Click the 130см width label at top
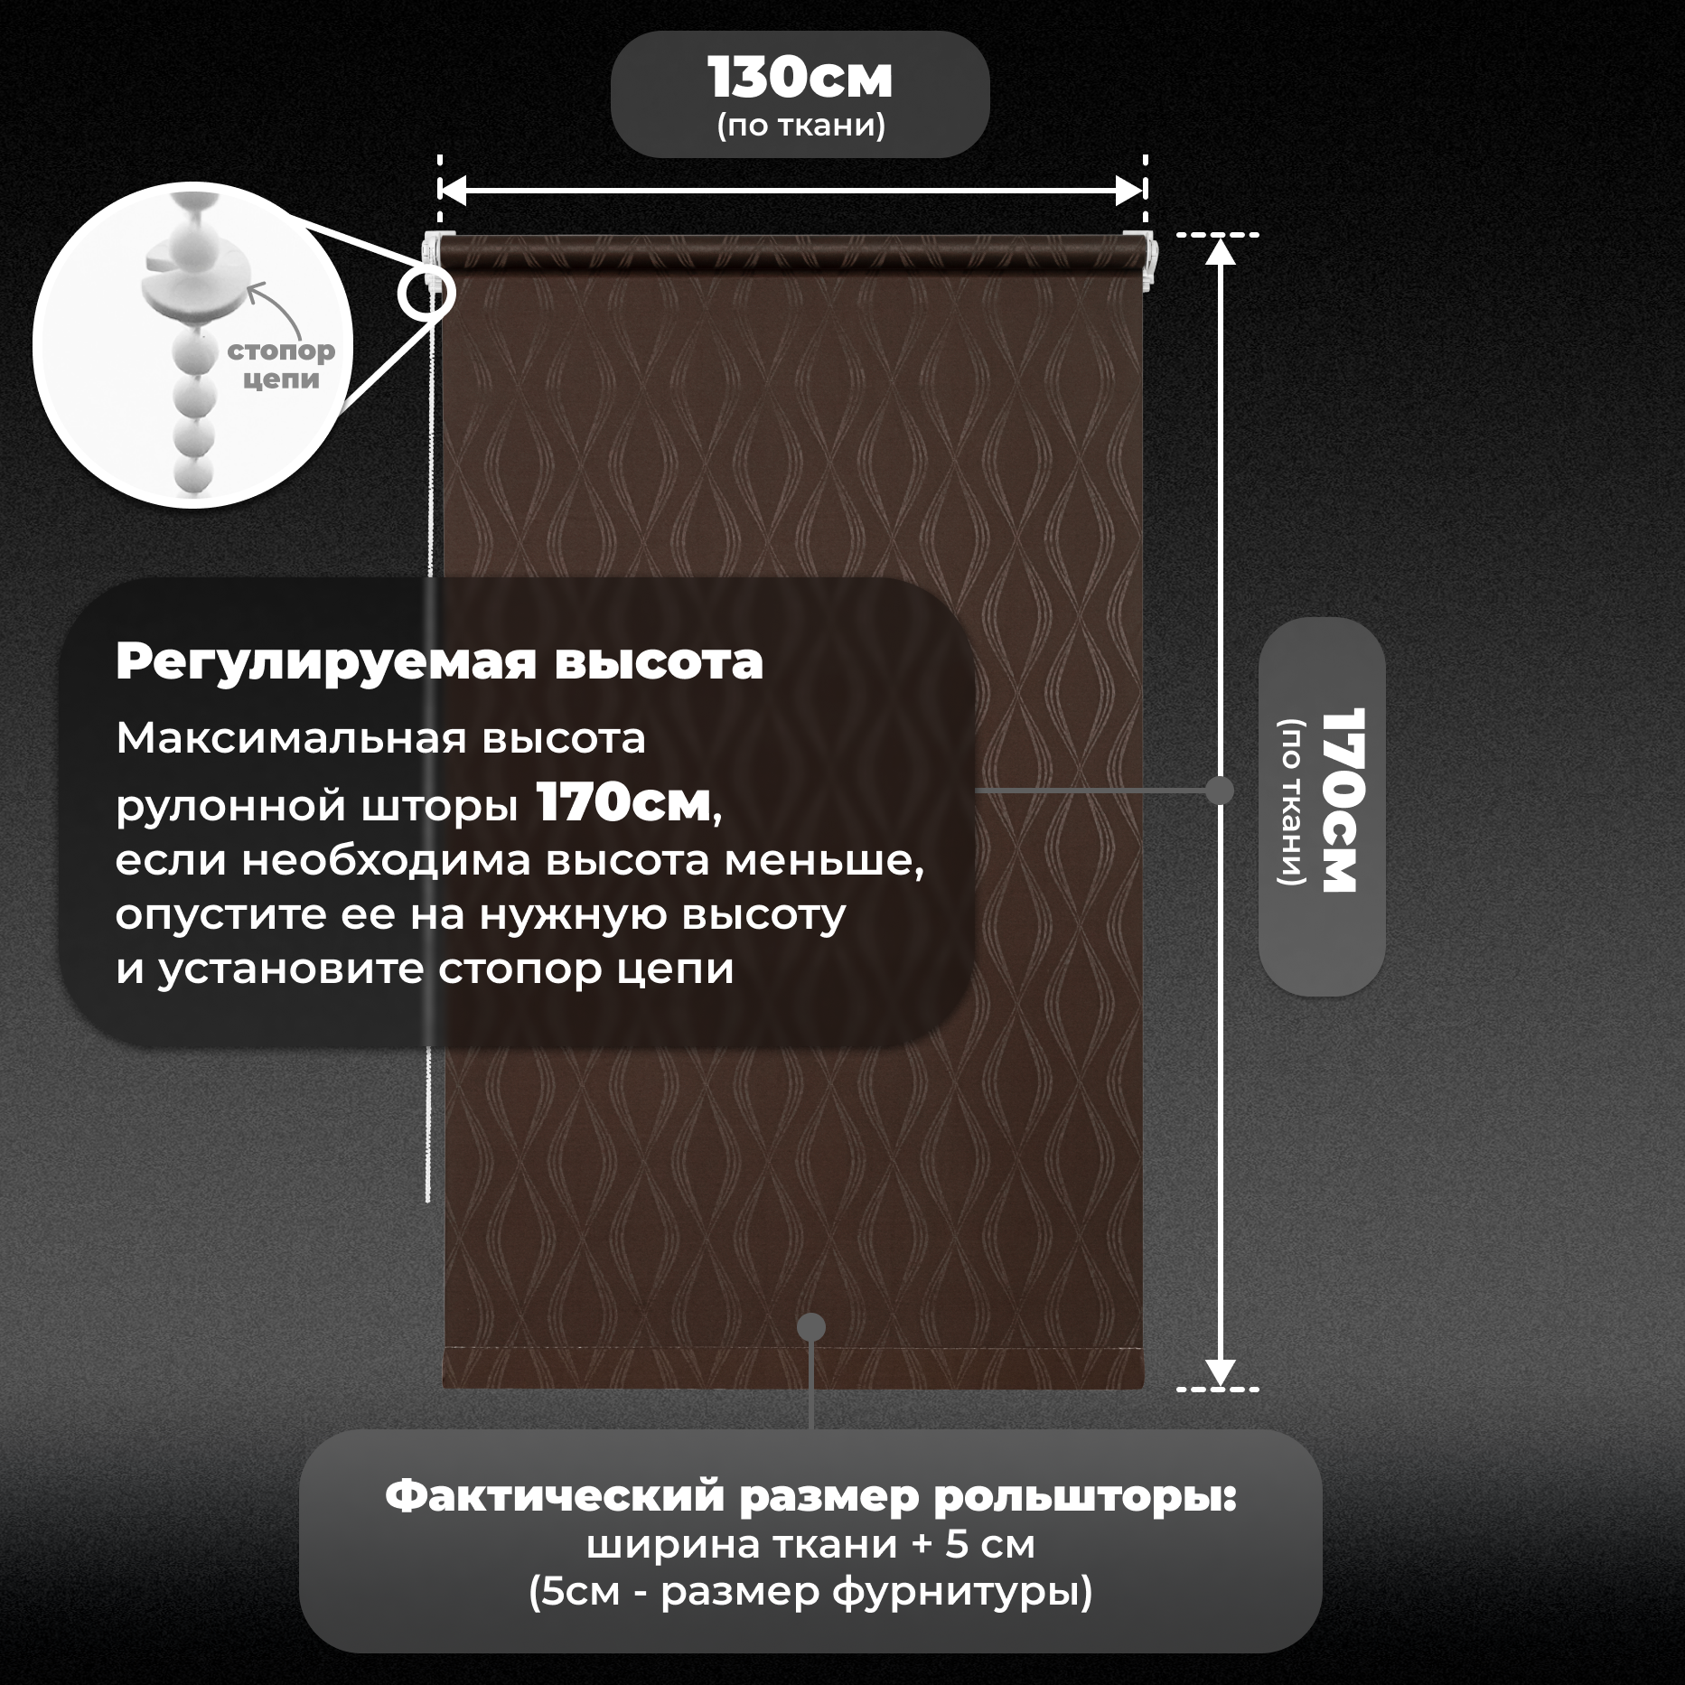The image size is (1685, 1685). click(800, 79)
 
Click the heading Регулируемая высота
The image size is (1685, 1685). click(439, 661)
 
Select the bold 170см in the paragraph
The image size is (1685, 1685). click(623, 803)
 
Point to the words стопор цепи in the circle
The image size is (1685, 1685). click(281, 364)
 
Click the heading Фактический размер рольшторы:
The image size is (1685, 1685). click(810, 1497)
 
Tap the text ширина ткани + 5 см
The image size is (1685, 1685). click(810, 1545)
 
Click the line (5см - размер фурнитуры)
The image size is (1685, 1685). click(810, 1592)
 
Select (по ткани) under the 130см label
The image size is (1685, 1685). click(800, 126)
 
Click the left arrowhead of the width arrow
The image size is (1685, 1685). click(452, 191)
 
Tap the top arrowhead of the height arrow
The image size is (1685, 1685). click(1221, 250)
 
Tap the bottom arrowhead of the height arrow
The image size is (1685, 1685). click(1221, 1372)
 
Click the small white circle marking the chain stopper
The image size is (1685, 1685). click(426, 293)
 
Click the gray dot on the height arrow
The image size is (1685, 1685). click(1221, 791)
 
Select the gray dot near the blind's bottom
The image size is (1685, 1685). click(811, 1327)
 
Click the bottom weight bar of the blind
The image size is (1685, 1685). click(792, 1368)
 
